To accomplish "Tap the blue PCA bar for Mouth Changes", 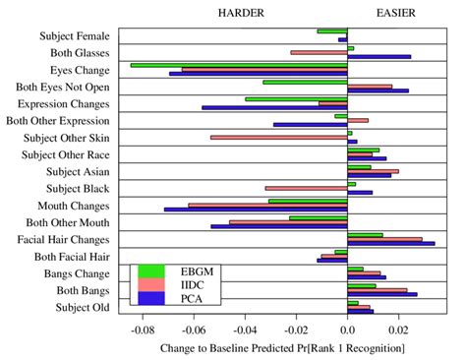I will pyautogui.click(x=256, y=209).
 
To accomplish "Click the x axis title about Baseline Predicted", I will pyautogui.click(x=281, y=348).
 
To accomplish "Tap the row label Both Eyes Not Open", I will pyautogui.click(x=68, y=88).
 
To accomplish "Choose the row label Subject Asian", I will pyautogui.click(x=84, y=171).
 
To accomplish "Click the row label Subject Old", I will pyautogui.click(x=88, y=309).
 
